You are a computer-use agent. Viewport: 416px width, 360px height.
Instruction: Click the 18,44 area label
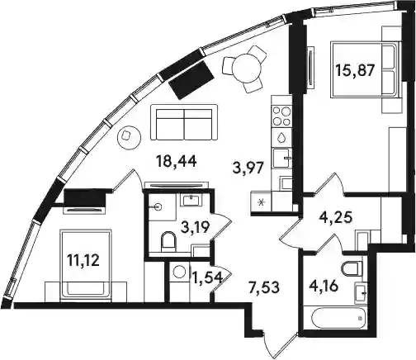[177, 161]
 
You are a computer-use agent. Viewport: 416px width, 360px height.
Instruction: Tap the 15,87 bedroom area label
[355, 70]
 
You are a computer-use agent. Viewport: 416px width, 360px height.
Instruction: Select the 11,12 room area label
[83, 260]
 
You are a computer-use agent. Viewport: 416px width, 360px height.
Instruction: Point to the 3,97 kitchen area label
[248, 169]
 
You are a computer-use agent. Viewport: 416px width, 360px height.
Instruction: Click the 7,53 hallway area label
[264, 287]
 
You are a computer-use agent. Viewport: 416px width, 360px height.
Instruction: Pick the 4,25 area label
[336, 218]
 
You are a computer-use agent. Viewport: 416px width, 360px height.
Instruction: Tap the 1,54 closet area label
[207, 278]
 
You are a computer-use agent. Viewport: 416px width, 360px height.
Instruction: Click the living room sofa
[184, 123]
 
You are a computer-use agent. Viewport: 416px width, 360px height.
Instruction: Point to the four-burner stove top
[281, 116]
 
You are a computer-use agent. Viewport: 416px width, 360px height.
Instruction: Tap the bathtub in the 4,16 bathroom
[338, 318]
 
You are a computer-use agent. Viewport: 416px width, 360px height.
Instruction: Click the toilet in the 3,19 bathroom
[168, 240]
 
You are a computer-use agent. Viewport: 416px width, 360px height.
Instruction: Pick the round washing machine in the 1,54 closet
[180, 272]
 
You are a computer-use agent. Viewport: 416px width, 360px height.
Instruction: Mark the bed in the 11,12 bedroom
[87, 263]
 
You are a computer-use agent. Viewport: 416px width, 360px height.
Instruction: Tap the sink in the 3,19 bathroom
[191, 199]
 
